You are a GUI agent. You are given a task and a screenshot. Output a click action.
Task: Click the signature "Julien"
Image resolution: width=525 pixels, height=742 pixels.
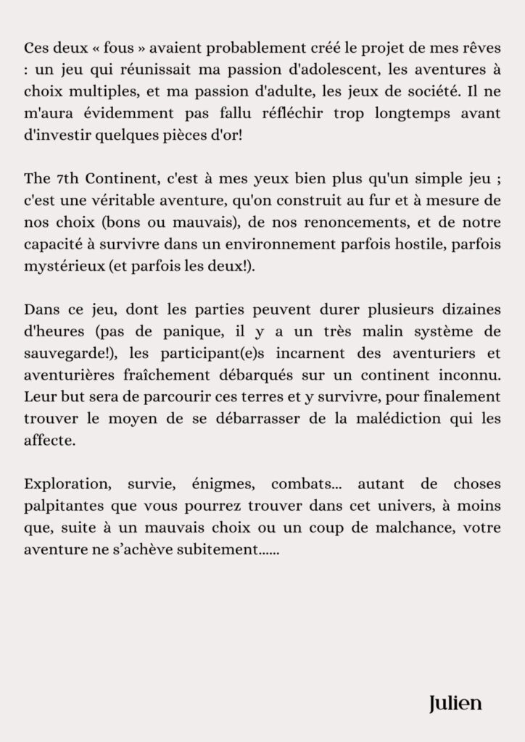(x=455, y=702)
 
